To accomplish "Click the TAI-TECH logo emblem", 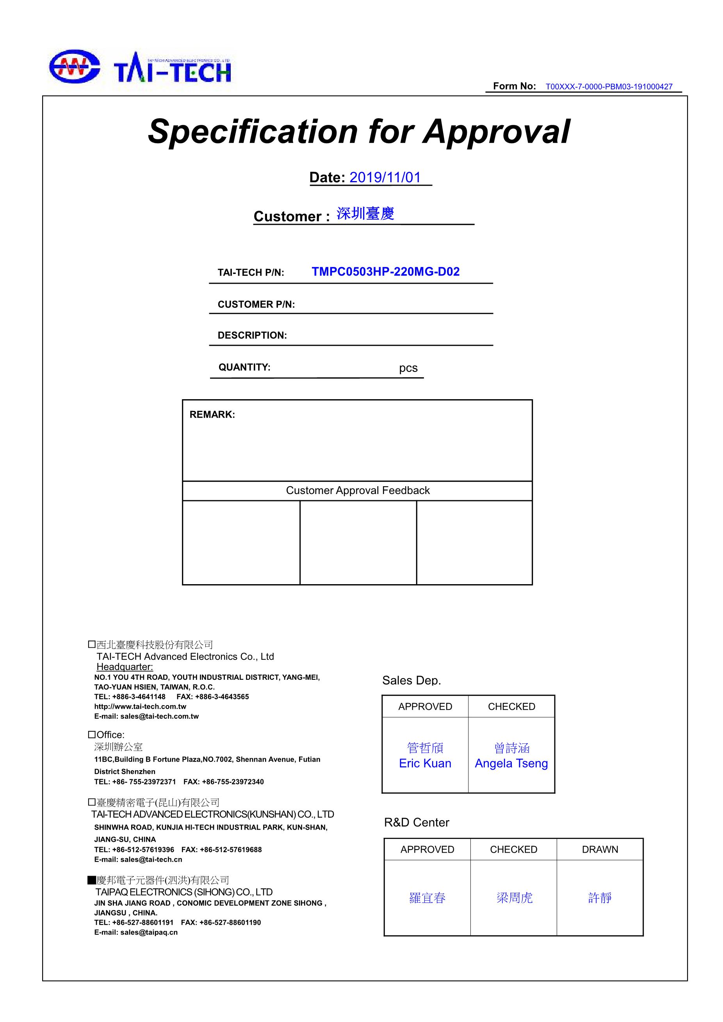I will (x=74, y=66).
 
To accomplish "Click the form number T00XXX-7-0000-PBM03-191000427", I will (x=609, y=87).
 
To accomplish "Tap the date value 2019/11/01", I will (x=385, y=177).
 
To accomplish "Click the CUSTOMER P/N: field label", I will (x=256, y=304).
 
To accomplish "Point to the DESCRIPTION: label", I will (x=252, y=336).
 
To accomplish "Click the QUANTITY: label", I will (x=244, y=367).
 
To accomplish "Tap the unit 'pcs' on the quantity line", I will (x=408, y=368).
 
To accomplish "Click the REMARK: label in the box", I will (x=212, y=414).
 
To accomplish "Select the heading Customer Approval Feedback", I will (x=358, y=491).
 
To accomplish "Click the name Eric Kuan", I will (x=425, y=763).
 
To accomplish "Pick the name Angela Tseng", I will (x=511, y=763).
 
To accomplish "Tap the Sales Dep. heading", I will (x=411, y=680).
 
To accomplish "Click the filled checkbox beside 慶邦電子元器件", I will (x=92, y=880).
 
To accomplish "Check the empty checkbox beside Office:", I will (x=92, y=734).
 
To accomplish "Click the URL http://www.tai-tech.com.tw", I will (x=140, y=706).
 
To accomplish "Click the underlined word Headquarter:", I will (x=125, y=667).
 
